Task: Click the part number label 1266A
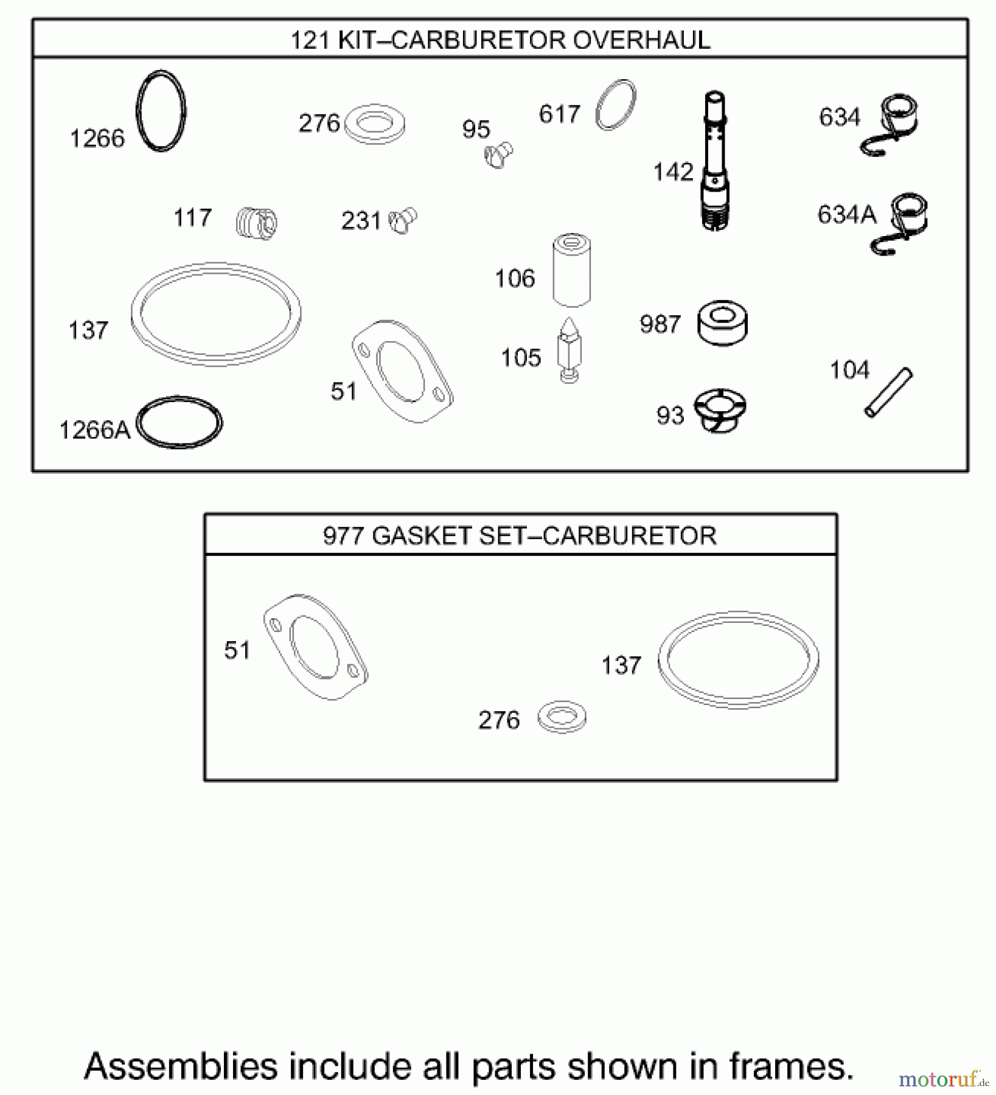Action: tap(94, 430)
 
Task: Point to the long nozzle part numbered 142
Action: tap(715, 161)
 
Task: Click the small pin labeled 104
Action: tap(888, 392)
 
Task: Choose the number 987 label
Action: tap(660, 324)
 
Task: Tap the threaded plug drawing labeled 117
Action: tap(256, 222)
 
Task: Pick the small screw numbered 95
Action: tap(499, 155)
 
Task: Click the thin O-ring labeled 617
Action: tap(616, 105)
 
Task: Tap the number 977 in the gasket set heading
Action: tap(344, 536)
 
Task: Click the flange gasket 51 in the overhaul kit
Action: tap(402, 371)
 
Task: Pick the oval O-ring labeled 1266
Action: tap(161, 111)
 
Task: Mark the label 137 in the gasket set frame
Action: tap(621, 665)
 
